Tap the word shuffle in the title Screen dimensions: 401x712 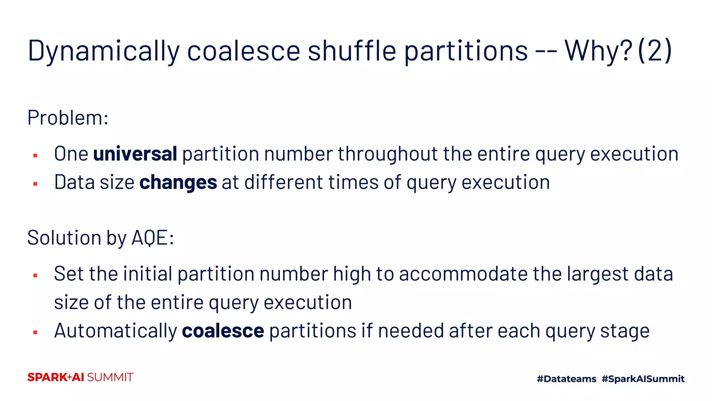351,51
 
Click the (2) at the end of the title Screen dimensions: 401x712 655,51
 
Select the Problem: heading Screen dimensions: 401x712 68,118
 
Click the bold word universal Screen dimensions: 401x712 135,154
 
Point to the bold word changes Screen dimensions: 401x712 178,182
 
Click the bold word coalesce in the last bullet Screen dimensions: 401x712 223,331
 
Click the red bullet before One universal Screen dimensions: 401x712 35,155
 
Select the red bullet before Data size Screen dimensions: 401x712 35,184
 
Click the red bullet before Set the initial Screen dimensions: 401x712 35,275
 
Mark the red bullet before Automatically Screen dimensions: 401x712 35,332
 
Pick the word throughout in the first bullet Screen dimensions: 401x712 388,154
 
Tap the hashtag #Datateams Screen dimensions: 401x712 566,379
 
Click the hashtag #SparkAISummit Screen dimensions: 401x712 643,379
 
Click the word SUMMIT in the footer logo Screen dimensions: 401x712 110,377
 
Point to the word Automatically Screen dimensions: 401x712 115,331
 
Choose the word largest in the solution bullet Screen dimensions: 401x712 598,274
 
